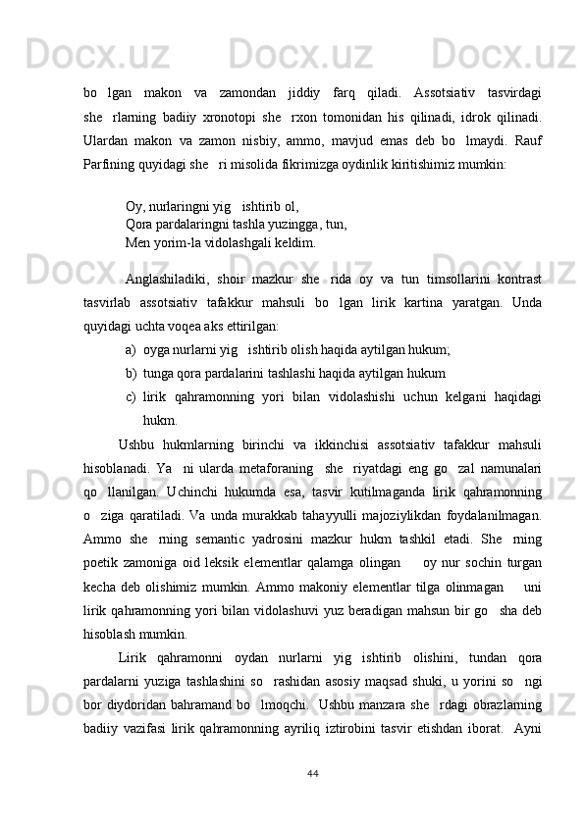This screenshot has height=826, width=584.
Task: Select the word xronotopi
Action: point(242,116)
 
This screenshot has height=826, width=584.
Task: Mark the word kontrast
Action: point(516,281)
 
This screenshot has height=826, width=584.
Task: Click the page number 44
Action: point(312,774)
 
